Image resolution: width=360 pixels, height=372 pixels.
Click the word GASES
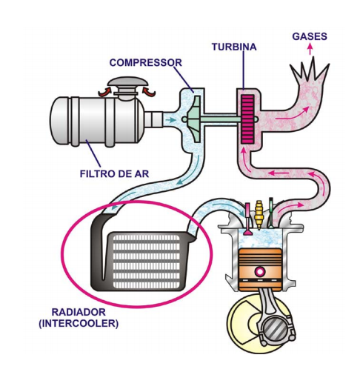click(310, 36)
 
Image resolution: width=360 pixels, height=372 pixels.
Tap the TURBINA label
click(234, 47)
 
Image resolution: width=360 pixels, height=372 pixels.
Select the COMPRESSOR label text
click(145, 63)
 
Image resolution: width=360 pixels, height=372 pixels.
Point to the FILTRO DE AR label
click(114, 174)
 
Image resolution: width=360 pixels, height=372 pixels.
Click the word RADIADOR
click(79, 312)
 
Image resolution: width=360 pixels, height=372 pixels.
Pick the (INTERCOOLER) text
click(79, 323)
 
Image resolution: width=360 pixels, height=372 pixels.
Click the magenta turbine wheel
click(247, 119)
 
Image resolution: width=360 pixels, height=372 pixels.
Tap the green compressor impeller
click(194, 119)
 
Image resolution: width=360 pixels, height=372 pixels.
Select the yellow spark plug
click(259, 215)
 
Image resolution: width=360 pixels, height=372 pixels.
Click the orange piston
click(260, 270)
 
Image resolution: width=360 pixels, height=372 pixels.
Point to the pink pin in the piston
click(260, 271)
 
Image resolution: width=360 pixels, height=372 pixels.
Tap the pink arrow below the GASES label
click(310, 49)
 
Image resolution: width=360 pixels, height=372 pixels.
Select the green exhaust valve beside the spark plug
click(271, 213)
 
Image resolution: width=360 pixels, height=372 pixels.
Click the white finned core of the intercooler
click(146, 262)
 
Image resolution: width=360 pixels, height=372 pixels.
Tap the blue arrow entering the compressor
click(170, 120)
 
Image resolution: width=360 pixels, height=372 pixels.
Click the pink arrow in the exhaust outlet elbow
click(292, 114)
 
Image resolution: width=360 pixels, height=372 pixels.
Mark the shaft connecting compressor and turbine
click(221, 119)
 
